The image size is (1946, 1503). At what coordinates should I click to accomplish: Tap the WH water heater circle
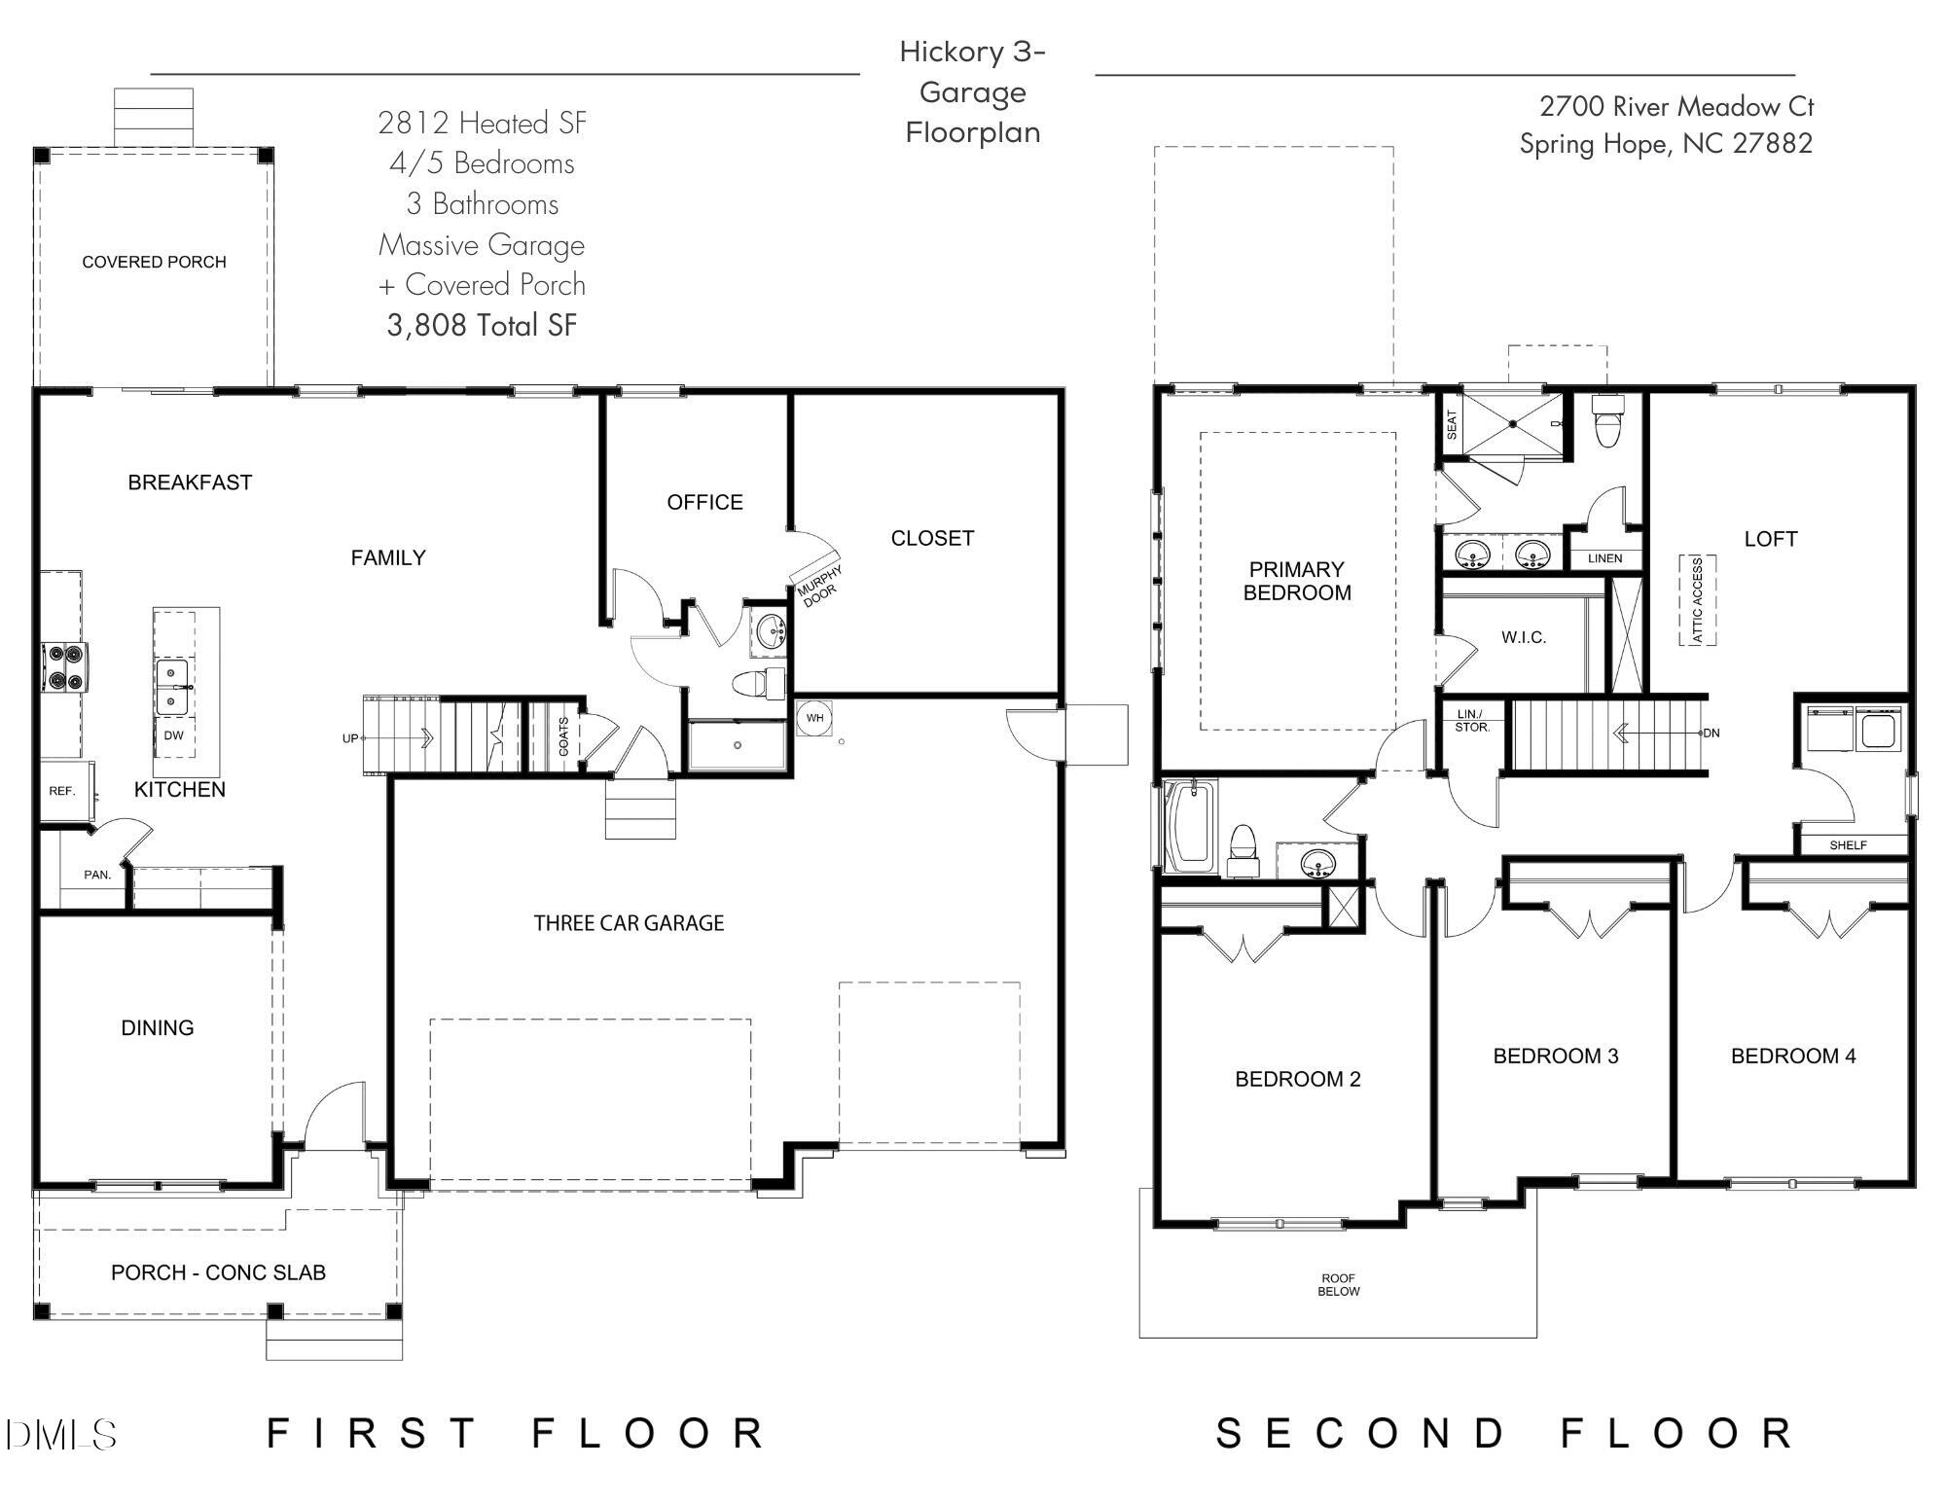pyautogui.click(x=814, y=718)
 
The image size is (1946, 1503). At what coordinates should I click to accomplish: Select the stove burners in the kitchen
pyautogui.click(x=64, y=667)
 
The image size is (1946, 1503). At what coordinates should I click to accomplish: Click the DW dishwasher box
pyautogui.click(x=173, y=735)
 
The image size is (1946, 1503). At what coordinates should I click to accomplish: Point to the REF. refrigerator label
pyautogui.click(x=61, y=791)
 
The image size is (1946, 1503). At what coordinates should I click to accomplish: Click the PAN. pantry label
pyautogui.click(x=97, y=875)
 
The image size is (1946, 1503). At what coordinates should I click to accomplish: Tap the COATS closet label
pyautogui.click(x=564, y=736)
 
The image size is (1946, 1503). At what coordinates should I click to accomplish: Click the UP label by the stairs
pyautogui.click(x=349, y=738)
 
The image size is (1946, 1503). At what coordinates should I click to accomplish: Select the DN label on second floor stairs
pyautogui.click(x=1712, y=733)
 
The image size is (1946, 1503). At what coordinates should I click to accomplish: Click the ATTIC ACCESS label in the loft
pyautogui.click(x=1698, y=600)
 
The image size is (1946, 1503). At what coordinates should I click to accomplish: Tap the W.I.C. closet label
pyautogui.click(x=1523, y=637)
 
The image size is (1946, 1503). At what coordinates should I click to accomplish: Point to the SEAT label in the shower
pyautogui.click(x=1452, y=423)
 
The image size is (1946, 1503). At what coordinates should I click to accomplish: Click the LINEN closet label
pyautogui.click(x=1604, y=558)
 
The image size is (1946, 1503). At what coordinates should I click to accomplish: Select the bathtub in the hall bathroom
pyautogui.click(x=1189, y=827)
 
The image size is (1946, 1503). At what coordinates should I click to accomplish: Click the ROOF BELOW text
pyautogui.click(x=1338, y=1284)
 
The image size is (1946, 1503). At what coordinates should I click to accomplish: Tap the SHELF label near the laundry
pyautogui.click(x=1848, y=845)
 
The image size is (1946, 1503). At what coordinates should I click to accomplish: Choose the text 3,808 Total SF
pyautogui.click(x=482, y=325)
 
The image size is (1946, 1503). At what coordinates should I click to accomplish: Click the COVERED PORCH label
pyautogui.click(x=154, y=262)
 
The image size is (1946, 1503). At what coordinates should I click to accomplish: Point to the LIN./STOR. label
pyautogui.click(x=1471, y=721)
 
